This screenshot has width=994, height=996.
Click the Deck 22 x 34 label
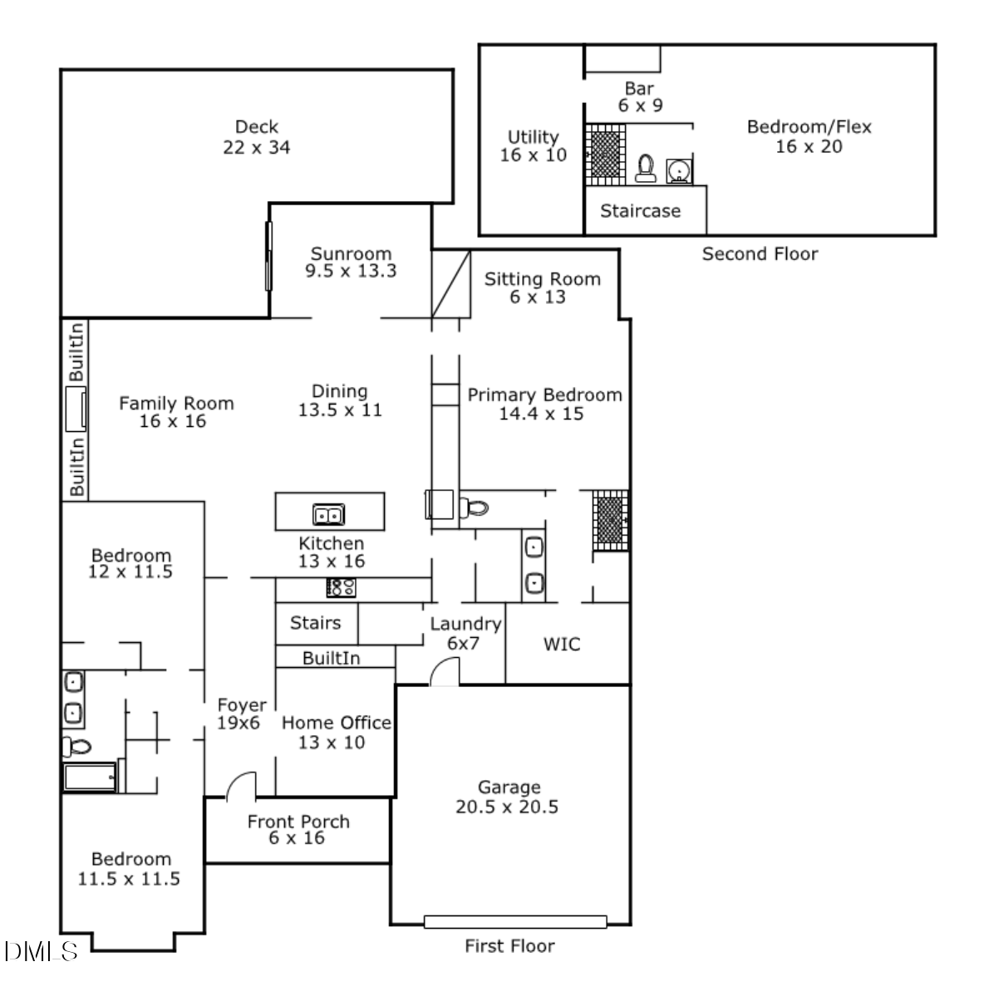256,137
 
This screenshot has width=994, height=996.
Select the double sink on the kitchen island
329,516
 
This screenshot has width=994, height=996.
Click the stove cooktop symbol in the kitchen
341,587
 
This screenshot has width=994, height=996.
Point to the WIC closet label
562,644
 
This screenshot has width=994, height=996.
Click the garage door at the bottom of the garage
514,921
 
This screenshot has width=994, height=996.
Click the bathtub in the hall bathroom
91,778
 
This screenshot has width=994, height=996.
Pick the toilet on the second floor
644,169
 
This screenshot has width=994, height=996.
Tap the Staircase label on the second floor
640,211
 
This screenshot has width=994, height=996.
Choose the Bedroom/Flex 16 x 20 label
809,137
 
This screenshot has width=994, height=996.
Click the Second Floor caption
760,254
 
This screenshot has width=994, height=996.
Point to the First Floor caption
509,945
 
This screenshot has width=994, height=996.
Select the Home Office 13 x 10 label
336,732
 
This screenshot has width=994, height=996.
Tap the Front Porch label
298,829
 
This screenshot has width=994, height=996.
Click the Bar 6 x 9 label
639,96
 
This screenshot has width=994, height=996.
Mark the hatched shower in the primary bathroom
611,521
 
